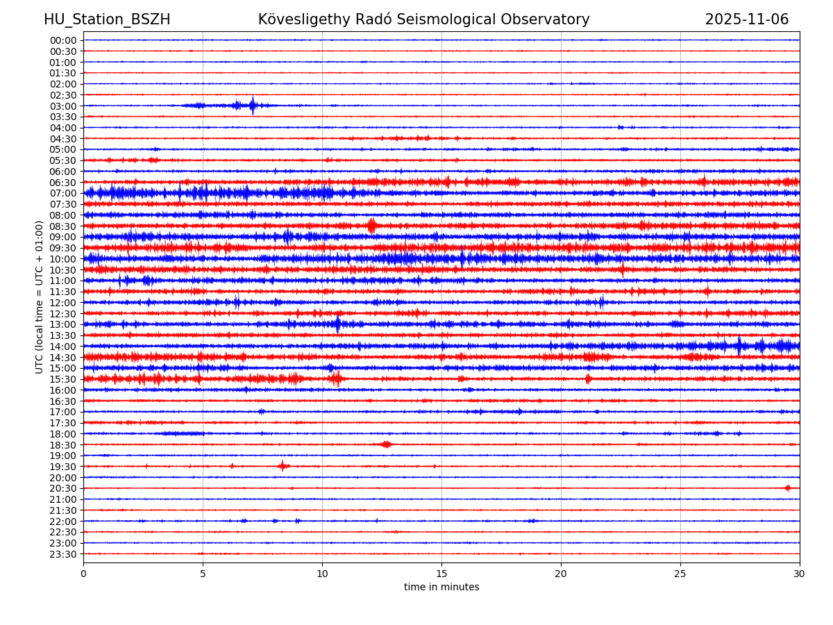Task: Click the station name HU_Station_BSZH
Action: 107,19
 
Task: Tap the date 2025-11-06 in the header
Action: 746,19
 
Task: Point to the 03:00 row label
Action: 63,106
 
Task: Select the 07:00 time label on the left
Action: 63,193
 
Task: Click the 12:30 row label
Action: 63,313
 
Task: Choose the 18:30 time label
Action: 63,444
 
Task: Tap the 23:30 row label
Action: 63,554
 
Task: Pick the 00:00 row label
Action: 63,40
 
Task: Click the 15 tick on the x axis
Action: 441,574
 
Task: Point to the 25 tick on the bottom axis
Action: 680,574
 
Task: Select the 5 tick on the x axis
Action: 203,574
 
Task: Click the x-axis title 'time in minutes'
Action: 441,587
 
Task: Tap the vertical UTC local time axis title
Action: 40,297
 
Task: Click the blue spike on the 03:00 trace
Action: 252,106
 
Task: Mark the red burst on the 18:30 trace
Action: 386,444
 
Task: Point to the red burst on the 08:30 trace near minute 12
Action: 371,226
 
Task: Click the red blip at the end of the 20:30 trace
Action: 787,488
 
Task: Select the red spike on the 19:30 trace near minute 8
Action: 282,466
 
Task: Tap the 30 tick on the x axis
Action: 800,574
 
